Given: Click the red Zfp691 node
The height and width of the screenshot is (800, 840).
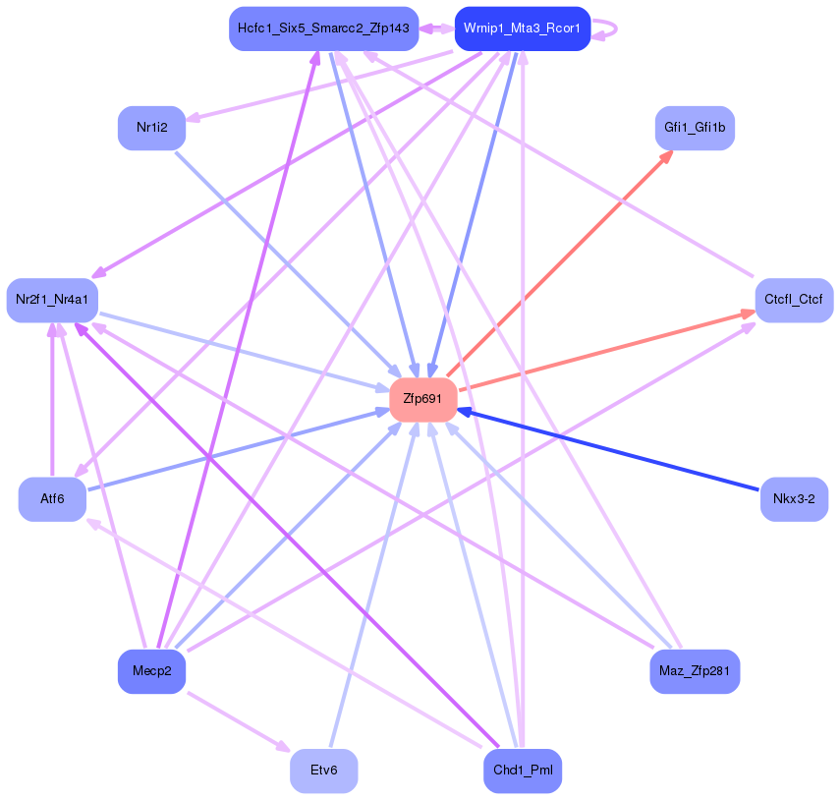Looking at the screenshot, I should coord(423,399).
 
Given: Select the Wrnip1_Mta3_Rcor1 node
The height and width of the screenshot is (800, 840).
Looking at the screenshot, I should coord(522,29).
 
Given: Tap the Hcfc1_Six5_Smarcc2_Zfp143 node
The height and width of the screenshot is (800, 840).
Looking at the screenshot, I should coord(323,29).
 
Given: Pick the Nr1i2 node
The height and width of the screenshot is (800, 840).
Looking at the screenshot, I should coord(152,128).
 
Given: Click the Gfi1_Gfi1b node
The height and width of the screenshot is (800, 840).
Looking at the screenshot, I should coord(695,128).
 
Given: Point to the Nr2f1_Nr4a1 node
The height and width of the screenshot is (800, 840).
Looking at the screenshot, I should coord(52,300).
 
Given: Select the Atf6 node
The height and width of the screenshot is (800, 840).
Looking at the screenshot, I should coord(52,499).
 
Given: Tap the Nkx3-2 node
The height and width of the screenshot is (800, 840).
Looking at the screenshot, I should coord(794,499).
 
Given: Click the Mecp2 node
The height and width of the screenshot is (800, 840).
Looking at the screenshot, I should coord(152,671).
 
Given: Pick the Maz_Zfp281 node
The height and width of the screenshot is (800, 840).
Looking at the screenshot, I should coord(695,671).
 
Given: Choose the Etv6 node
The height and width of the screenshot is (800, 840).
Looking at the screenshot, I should coord(323,771).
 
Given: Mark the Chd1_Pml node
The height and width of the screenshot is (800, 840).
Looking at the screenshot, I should coord(522,771).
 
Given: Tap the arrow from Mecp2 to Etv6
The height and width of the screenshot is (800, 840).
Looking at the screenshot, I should coord(236,721).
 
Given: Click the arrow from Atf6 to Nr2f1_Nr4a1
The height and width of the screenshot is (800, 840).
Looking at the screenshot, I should coord(52,403).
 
